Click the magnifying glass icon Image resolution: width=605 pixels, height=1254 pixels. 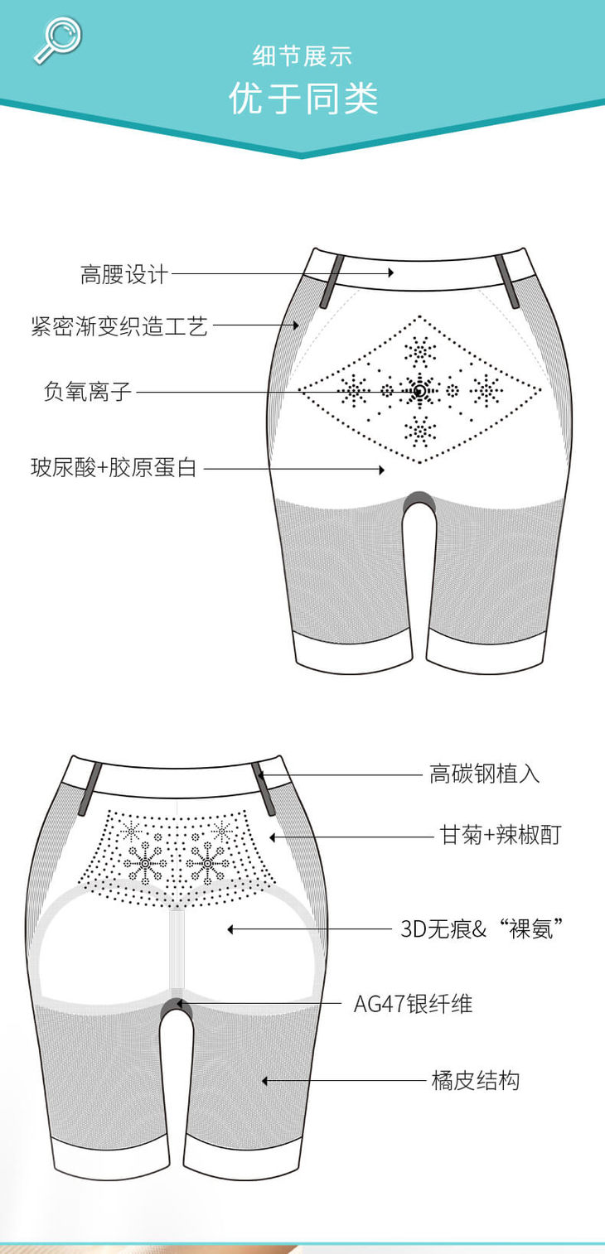(56, 39)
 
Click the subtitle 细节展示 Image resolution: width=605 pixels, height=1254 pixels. (302, 56)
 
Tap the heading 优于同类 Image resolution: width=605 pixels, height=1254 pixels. (302, 99)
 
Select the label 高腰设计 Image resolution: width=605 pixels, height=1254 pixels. (123, 274)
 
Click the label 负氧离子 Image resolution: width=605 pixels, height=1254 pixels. (88, 391)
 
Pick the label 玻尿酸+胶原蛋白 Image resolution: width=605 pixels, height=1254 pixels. (114, 468)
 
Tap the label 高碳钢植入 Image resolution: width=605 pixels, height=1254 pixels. (484, 774)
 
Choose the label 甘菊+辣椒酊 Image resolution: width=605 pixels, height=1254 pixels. (500, 835)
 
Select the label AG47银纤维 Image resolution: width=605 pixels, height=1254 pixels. (413, 1004)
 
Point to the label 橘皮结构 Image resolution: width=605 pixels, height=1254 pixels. (475, 1080)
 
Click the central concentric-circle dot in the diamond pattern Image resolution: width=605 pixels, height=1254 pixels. (420, 390)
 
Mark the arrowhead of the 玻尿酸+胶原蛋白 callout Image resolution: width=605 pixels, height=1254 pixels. (382, 470)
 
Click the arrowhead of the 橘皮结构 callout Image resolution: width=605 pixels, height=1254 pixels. (265, 1080)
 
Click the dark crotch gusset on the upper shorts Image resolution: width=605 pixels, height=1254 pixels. (419, 499)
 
